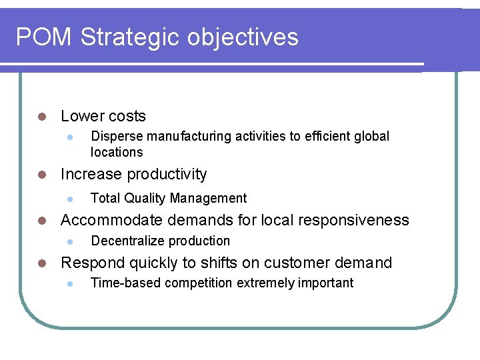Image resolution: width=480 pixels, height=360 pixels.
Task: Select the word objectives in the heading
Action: (x=243, y=37)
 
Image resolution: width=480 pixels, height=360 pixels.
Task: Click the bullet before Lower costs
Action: (x=41, y=117)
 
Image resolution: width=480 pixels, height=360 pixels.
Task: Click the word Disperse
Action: (x=117, y=137)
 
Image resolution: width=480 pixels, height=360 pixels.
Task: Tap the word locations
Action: (x=117, y=153)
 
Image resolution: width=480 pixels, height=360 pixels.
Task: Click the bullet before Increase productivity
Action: (x=41, y=175)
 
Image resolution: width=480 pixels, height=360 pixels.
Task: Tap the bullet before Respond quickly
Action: (x=41, y=263)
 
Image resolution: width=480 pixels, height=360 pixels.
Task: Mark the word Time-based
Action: (x=125, y=283)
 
